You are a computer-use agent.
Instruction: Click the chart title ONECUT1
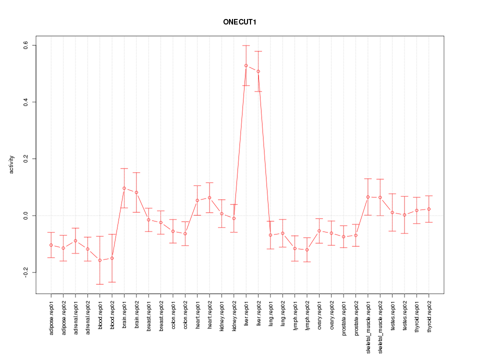240,22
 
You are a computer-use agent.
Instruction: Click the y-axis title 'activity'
12,165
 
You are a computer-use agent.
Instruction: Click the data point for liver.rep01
246,65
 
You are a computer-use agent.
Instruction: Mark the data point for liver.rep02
258,71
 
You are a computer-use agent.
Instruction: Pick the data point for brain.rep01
124,188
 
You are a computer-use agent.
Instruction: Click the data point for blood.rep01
100,260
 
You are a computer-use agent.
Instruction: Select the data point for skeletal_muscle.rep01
368,197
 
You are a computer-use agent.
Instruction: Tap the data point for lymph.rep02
307,249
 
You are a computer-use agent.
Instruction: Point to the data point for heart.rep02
209,197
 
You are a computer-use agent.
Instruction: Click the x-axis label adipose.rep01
51,315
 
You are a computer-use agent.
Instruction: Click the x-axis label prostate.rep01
343,315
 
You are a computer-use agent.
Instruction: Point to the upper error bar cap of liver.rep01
246,45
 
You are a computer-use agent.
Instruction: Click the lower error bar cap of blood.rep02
112,282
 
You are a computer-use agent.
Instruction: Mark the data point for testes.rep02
404,214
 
